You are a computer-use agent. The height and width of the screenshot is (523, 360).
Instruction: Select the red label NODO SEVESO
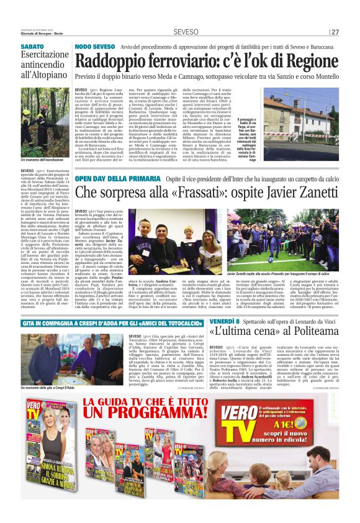pos(94,47)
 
